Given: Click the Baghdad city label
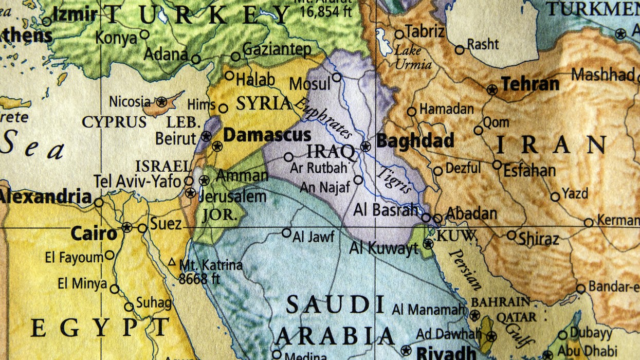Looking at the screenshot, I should click(415, 140).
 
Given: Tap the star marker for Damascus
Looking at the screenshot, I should click(217, 146).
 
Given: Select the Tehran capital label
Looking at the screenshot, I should click(530, 84).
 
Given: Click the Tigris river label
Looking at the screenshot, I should click(395, 180).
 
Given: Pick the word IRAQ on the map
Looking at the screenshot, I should click(330, 152).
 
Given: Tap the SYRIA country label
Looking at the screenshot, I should click(264, 103).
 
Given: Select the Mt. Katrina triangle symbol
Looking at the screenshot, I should click(172, 262).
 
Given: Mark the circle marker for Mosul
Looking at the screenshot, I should click(336, 77).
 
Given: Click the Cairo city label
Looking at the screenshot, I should click(94, 233).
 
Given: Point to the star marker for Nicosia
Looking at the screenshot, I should click(161, 102).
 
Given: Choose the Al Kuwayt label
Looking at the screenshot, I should click(383, 249).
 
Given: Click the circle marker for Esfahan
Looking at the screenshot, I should click(497, 165).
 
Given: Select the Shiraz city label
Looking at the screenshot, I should click(538, 239).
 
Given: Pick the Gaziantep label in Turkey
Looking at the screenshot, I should click(277, 50).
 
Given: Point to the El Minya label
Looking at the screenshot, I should click(82, 283).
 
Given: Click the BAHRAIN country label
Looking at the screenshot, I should click(500, 302).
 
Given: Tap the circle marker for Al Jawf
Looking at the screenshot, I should click(286, 232).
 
